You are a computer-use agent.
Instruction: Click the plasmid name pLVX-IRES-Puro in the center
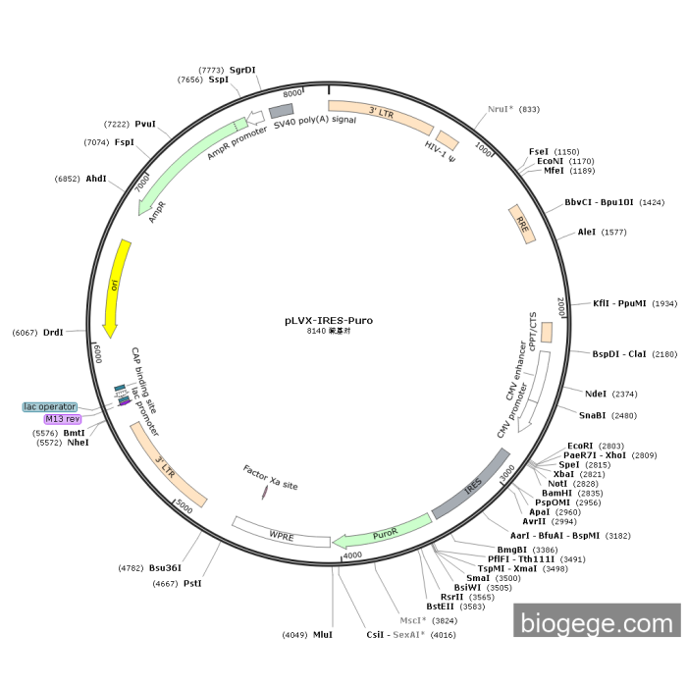pyautogui.click(x=329, y=320)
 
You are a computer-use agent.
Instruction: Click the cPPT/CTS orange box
pyautogui.click(x=547, y=332)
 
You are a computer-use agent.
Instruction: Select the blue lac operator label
pyautogui.click(x=51, y=406)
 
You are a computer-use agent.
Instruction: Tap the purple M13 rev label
pyautogui.click(x=63, y=419)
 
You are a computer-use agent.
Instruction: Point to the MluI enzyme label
pyautogui.click(x=323, y=634)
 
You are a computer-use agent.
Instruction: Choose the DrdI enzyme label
pyautogui.click(x=53, y=333)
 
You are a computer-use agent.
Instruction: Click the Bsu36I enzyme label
pyautogui.click(x=166, y=567)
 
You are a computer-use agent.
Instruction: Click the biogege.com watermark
pyautogui.click(x=597, y=622)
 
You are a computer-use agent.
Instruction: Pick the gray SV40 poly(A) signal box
pyautogui.click(x=282, y=110)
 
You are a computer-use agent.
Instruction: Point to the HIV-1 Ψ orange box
pyautogui.click(x=447, y=140)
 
